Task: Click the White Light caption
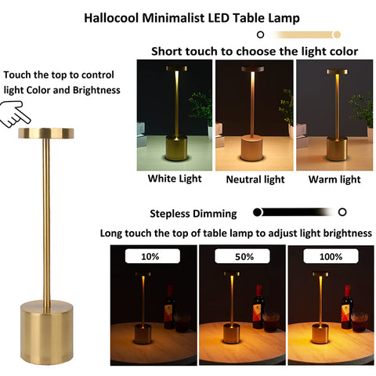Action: [x=174, y=179]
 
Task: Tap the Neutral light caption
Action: [x=255, y=179]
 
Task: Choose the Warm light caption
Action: [x=334, y=179]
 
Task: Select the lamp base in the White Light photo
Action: [x=176, y=146]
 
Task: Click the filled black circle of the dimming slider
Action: [x=257, y=212]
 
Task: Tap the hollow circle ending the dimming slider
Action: [x=342, y=212]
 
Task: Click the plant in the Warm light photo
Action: [x=361, y=110]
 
